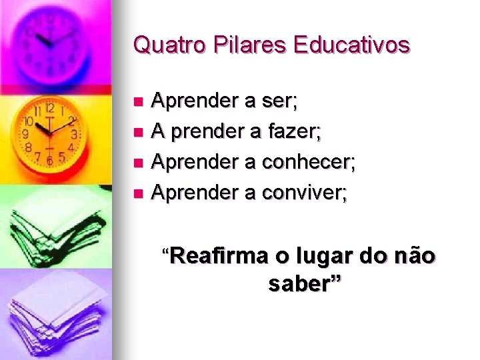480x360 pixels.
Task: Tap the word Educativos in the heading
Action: coord(351,45)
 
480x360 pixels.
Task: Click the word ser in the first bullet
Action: coord(281,102)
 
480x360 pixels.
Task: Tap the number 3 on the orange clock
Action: coord(75,134)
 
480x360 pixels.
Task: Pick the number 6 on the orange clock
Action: coord(49,161)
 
